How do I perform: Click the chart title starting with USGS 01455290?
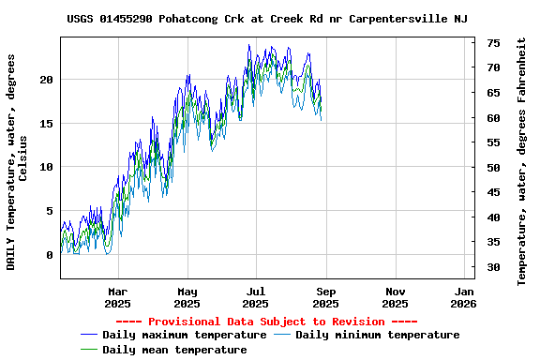click(x=268, y=19)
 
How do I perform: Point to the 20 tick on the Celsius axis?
click(x=46, y=80)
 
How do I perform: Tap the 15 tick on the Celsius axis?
click(x=46, y=124)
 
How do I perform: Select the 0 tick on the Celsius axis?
click(x=50, y=255)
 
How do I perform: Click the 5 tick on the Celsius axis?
click(x=50, y=211)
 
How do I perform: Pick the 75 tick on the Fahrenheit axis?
click(x=493, y=43)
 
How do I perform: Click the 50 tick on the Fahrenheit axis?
click(x=493, y=168)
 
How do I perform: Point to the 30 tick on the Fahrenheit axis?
click(x=493, y=268)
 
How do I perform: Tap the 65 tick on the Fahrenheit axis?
click(x=493, y=93)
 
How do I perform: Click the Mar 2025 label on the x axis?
click(x=117, y=297)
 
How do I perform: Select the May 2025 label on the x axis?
click(x=187, y=297)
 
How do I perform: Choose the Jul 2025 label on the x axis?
click(x=256, y=297)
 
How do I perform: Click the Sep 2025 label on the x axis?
click(x=325, y=297)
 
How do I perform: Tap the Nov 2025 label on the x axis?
click(x=395, y=297)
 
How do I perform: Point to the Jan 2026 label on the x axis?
click(x=463, y=297)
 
